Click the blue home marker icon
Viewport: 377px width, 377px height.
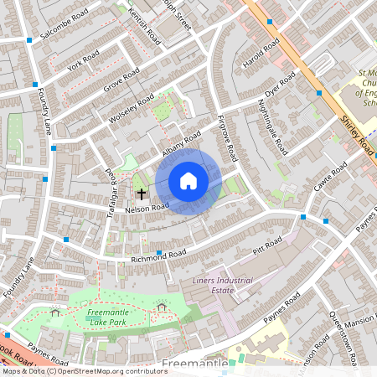pos(188,181)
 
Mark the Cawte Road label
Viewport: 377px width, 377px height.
pos(331,181)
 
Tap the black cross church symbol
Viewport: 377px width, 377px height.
pos(141,193)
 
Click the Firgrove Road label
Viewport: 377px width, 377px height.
pos(226,138)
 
